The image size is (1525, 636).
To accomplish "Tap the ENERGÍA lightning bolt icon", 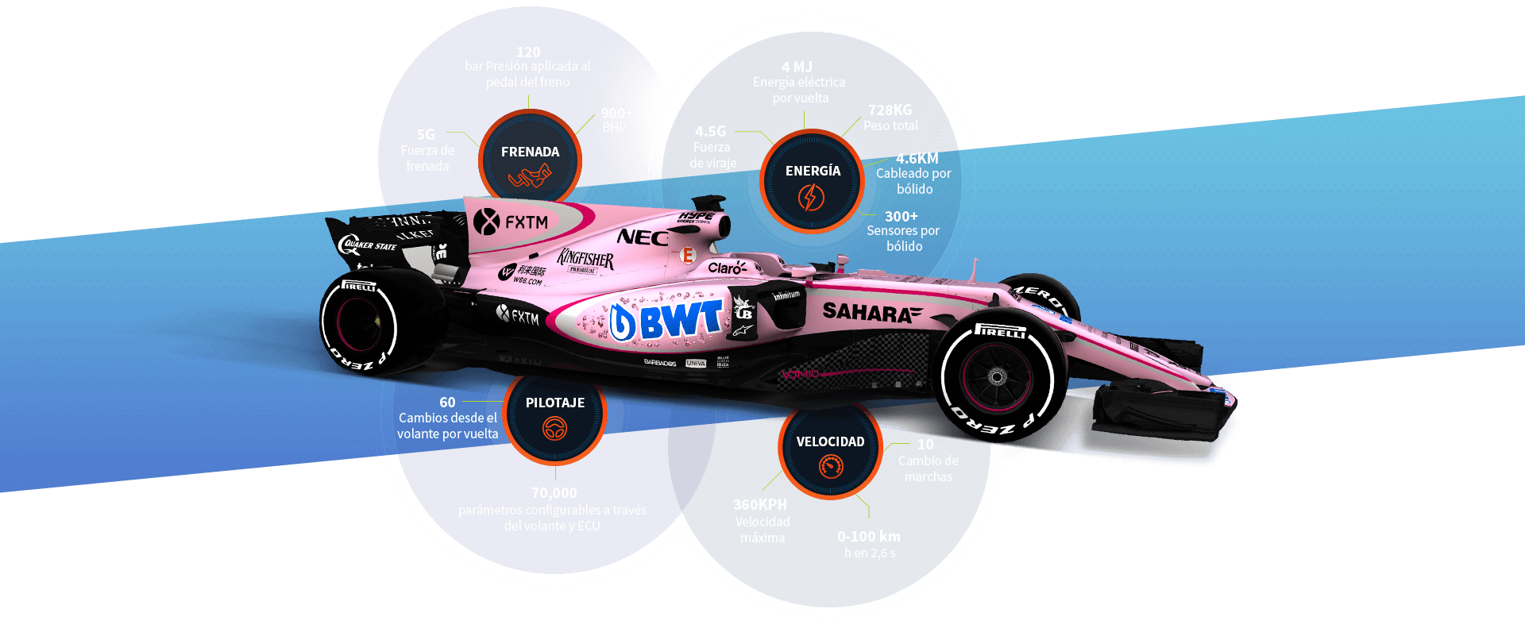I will pyautogui.click(x=811, y=198).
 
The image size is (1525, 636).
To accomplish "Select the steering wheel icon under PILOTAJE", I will pyautogui.click(x=554, y=430).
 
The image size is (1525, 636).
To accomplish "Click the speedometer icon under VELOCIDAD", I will pyautogui.click(x=831, y=467).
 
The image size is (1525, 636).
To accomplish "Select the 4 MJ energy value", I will pyautogui.click(x=797, y=67).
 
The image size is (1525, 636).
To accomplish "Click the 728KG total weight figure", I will pyautogui.click(x=890, y=110).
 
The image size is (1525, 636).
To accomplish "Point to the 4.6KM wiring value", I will pyautogui.click(x=917, y=159).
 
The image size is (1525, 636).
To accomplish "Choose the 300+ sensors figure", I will pyautogui.click(x=901, y=217).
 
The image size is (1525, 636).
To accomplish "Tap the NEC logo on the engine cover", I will pyautogui.click(x=642, y=237).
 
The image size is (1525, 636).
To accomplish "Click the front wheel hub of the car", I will pyautogui.click(x=996, y=377).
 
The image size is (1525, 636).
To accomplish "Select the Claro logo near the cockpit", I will pyautogui.click(x=727, y=268).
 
